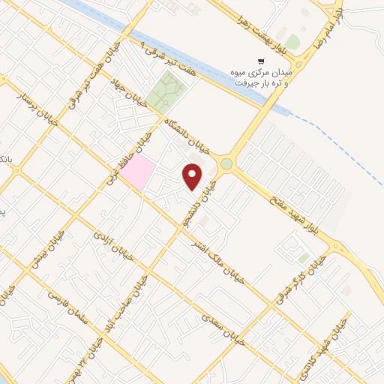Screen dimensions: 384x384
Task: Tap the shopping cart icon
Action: pyautogui.click(x=260, y=61)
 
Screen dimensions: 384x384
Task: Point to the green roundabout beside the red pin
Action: pyautogui.click(x=226, y=164)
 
